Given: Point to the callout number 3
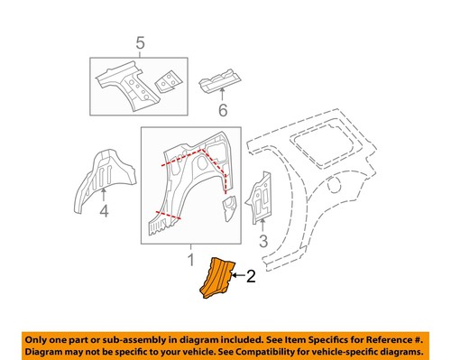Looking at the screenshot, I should coord(262,240).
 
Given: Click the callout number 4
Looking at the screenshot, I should coord(104,212).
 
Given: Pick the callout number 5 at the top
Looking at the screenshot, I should coord(139,42).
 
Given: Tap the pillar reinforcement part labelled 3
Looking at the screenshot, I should coord(260,195).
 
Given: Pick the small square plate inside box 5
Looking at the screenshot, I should coord(166,80).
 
